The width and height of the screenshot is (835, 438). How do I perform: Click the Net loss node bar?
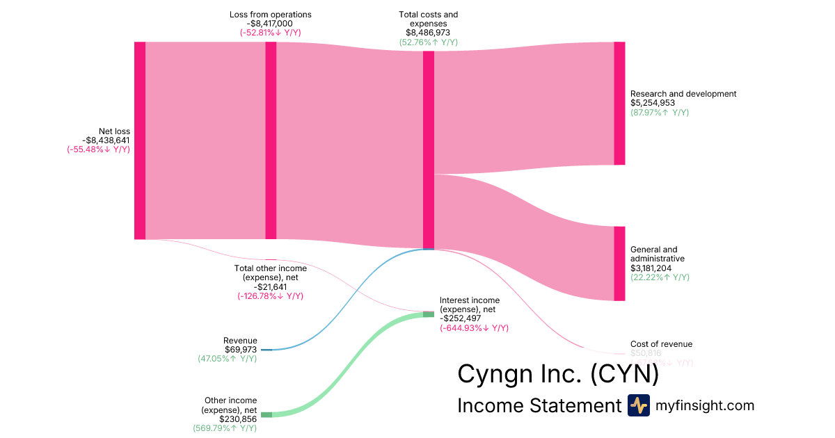140,140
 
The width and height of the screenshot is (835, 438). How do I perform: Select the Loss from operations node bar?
271,140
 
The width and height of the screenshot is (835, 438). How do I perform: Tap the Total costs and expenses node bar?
429,149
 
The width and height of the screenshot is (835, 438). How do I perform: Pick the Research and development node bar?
619,103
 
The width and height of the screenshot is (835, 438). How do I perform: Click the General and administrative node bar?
619,263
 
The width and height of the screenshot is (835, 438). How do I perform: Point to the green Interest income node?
429,314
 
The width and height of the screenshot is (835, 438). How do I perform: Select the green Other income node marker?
267,415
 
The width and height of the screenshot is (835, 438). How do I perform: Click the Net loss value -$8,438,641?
106,140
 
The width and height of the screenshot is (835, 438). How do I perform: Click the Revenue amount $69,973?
241,350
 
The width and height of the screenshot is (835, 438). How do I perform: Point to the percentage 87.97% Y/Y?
660,113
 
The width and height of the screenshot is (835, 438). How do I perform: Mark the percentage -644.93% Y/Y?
474,327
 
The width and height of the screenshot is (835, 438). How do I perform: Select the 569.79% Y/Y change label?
225,428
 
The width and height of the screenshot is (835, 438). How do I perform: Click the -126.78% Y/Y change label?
270,296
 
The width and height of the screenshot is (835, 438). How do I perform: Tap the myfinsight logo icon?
638,405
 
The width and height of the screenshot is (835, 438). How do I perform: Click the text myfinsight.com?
705,405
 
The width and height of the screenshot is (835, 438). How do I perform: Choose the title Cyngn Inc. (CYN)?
557,374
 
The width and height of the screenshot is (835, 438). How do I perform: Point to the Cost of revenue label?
661,344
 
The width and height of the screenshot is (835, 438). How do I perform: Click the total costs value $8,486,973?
428,32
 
